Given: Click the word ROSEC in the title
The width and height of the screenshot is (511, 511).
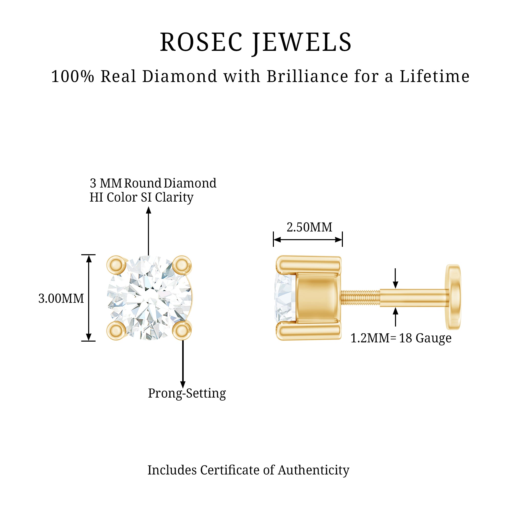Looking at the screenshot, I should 201,42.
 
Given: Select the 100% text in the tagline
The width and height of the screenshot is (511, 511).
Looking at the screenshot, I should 73,77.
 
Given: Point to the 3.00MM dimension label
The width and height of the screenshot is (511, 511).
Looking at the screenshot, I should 61,298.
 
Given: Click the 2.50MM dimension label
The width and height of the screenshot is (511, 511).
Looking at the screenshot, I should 309,227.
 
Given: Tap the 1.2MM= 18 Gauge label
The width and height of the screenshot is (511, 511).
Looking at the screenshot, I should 401,338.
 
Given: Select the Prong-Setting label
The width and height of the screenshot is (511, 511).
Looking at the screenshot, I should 187,393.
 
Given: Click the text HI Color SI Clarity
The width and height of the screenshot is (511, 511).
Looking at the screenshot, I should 142,197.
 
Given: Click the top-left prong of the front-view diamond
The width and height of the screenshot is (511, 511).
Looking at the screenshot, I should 116,265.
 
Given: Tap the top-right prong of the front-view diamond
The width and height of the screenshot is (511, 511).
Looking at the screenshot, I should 182,265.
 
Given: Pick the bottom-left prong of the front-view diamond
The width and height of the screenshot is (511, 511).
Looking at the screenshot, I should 116,330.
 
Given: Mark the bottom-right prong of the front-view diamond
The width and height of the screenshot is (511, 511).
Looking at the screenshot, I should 182,331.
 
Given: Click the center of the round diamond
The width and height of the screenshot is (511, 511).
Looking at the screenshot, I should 149,298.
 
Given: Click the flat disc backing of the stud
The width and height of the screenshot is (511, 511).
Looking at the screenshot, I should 453,297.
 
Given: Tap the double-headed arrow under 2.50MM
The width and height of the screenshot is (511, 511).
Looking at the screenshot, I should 308,240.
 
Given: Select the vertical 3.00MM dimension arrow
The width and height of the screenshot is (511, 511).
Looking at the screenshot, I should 89,298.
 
